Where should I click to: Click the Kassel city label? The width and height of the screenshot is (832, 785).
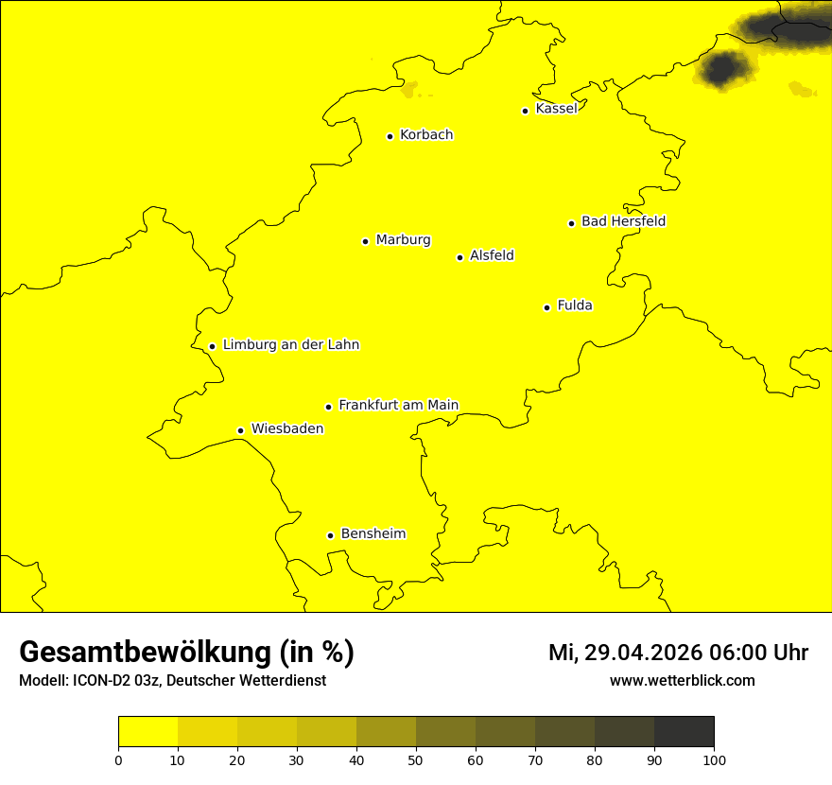556,109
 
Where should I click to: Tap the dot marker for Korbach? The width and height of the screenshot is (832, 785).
390,136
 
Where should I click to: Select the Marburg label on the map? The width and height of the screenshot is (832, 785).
403,240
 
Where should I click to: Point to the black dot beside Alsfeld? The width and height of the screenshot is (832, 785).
459,257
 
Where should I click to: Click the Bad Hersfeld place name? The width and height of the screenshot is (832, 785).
623,221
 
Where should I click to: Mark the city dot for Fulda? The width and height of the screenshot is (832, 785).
546,307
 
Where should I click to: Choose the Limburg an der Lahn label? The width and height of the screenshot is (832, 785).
291,345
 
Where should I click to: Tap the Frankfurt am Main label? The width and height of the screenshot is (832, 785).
398,406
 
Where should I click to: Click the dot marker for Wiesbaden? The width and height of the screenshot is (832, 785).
240,430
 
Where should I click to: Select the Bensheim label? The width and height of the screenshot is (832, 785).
373,534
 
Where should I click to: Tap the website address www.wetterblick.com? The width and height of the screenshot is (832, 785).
682,681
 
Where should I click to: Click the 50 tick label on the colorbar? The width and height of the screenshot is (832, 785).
416,759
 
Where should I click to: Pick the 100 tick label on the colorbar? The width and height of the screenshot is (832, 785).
714,759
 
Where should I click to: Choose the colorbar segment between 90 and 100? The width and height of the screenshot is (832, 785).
684,732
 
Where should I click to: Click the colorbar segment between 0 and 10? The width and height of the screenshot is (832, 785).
147,732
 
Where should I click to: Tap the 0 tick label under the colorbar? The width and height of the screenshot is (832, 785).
118,759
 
